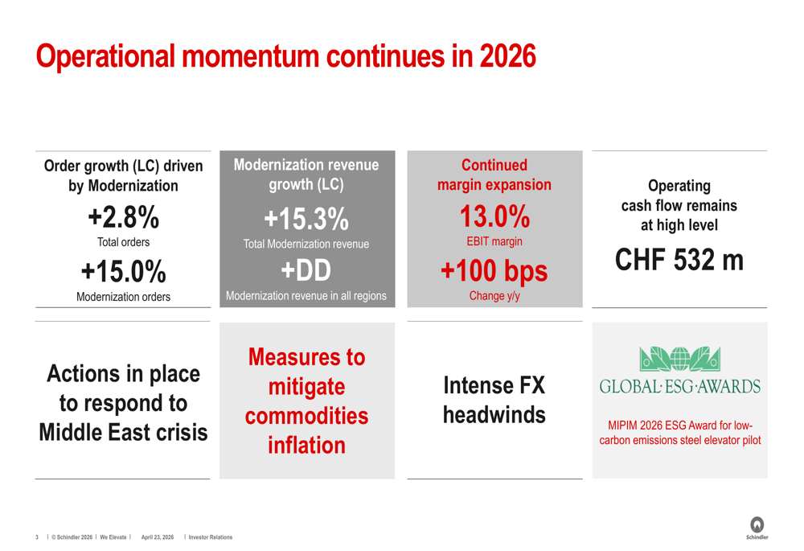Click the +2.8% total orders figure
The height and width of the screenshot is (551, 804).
pos(124,217)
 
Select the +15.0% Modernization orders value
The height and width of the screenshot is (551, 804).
pos(124,271)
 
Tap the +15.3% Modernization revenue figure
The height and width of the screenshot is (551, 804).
pos(306,219)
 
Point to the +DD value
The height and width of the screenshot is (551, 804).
pos(306,270)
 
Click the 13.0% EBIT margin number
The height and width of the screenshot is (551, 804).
pos(494,216)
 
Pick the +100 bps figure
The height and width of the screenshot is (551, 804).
pos(494,271)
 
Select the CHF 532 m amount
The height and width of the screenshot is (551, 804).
pos(679,260)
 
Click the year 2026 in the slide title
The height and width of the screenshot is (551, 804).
pos(507,56)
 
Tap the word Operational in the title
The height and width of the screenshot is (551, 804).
pos(105,56)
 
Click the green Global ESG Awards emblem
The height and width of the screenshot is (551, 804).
pos(680,359)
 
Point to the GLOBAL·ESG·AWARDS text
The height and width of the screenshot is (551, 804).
pos(680,386)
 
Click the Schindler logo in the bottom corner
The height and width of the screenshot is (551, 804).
pos(757,528)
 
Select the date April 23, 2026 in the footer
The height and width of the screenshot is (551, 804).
pos(158,537)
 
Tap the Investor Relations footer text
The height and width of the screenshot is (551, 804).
pos(210,537)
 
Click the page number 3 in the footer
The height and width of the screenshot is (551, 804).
pos(37,537)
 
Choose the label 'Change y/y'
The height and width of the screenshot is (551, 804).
pos(494,296)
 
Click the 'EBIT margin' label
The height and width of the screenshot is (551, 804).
pos(494,241)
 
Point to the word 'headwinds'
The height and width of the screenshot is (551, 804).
pos(494,414)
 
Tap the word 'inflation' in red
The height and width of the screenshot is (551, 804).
pos(306,445)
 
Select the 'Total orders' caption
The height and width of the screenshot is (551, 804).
pos(124,242)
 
